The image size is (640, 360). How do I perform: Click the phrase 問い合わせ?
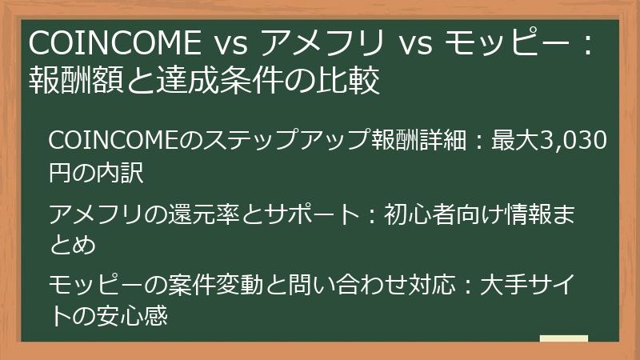(x=316, y=285)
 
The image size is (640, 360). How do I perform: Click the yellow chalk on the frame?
(x=563, y=339)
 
